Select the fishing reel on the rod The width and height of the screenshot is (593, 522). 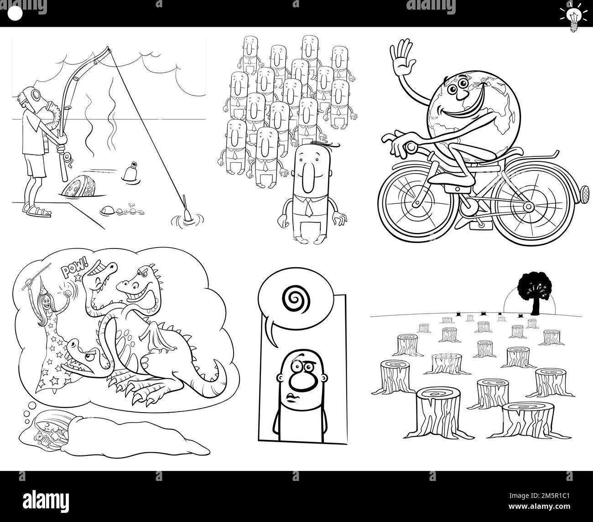pyautogui.click(x=67, y=160)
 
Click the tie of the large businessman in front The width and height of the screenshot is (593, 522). pyautogui.click(x=308, y=208)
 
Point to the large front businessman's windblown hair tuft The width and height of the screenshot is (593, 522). pyautogui.click(x=324, y=145)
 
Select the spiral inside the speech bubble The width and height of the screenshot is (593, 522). pyautogui.click(x=296, y=299)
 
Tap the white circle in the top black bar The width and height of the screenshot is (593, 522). pyautogui.click(x=15, y=14)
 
